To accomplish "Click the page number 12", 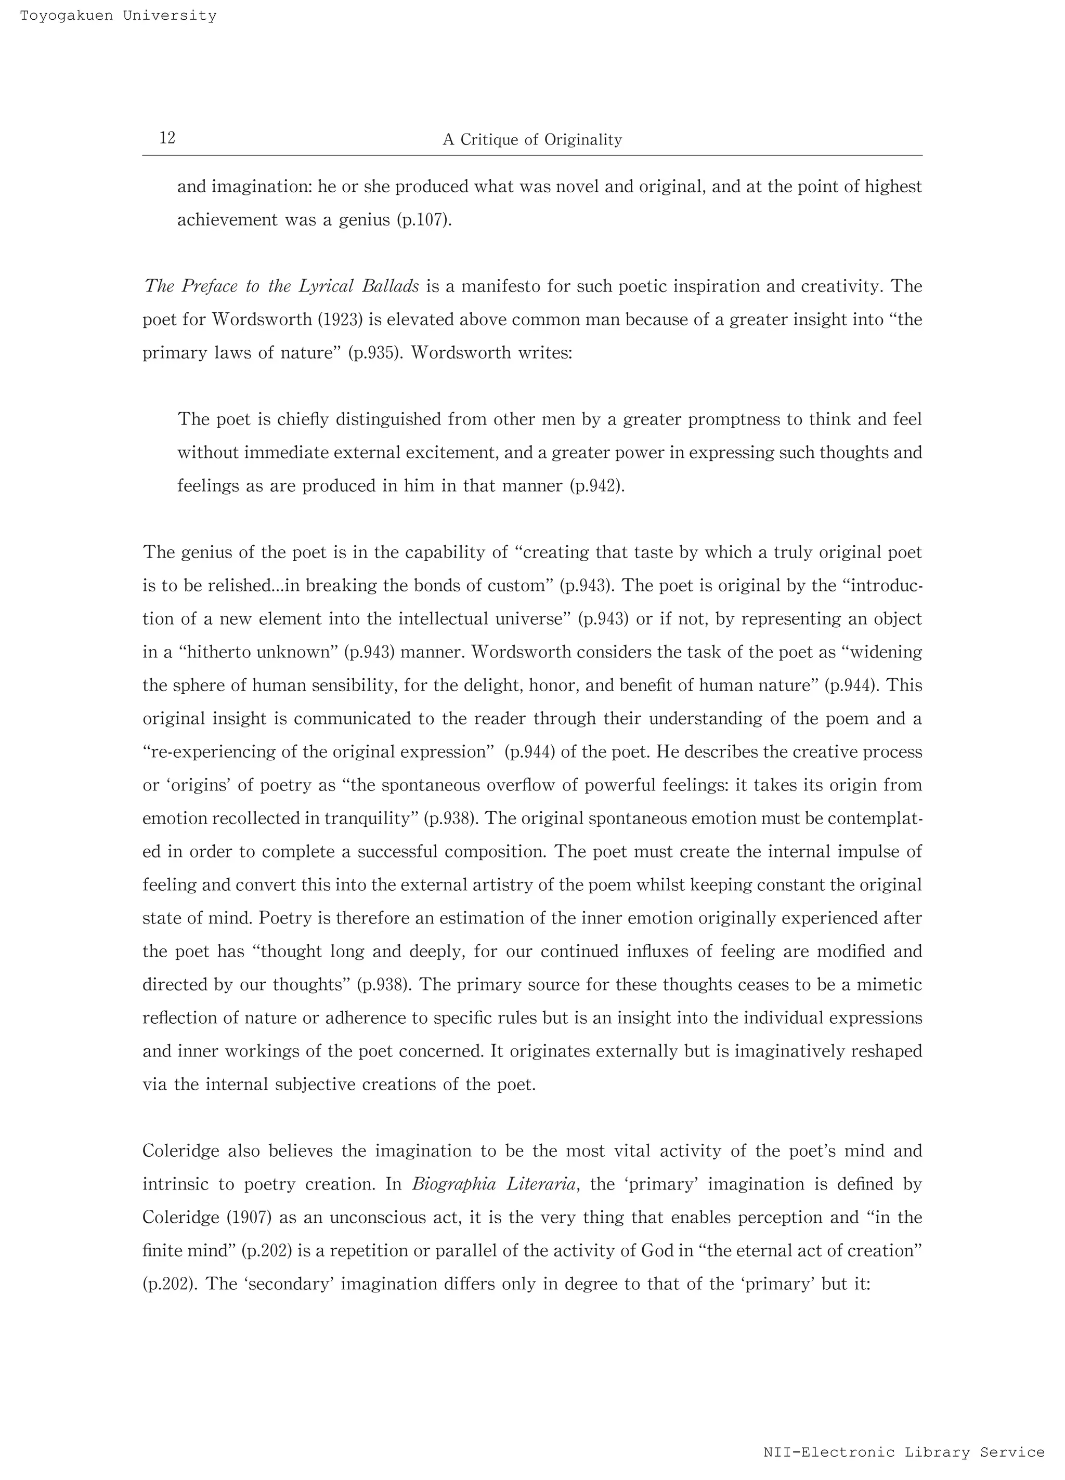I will tap(167, 138).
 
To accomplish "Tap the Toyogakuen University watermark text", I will tap(118, 16).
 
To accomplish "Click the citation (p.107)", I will tap(424, 220).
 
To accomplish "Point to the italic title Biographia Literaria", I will tap(493, 1184).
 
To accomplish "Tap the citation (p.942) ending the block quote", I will tap(597, 486).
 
